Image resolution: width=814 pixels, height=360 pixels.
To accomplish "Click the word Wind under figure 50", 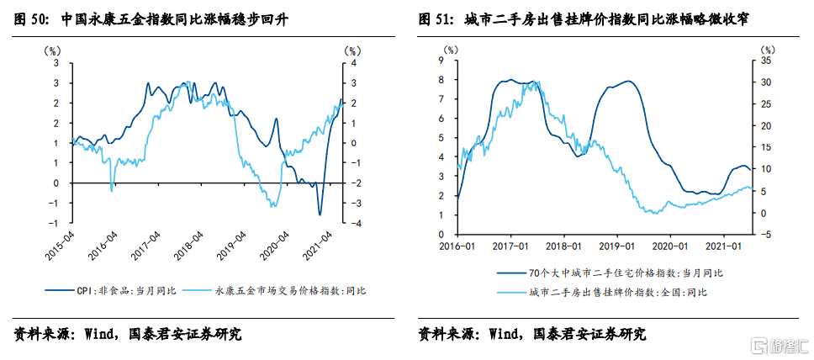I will click(102, 334).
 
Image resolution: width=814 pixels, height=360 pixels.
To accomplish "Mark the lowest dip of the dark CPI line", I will click(320, 215).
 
